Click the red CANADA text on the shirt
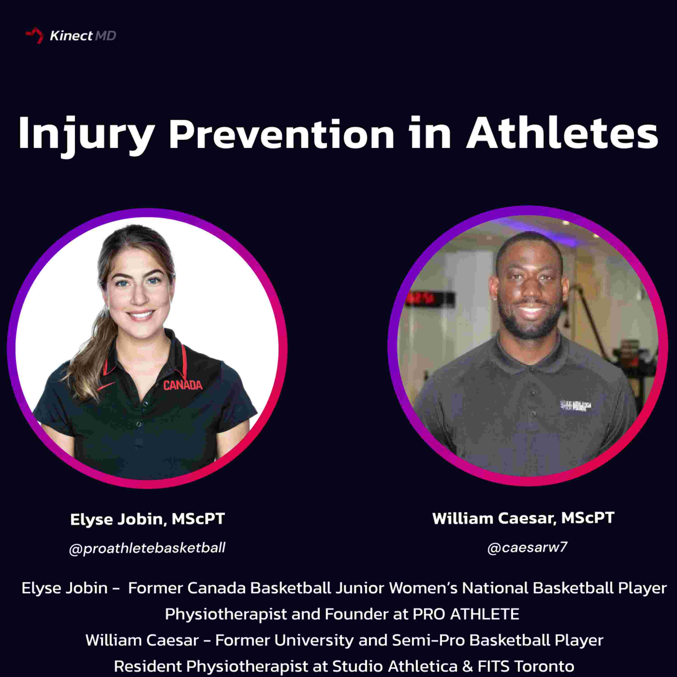tap(183, 385)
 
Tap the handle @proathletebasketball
tap(147, 548)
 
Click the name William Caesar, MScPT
tap(523, 518)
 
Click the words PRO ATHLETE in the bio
tap(466, 614)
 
